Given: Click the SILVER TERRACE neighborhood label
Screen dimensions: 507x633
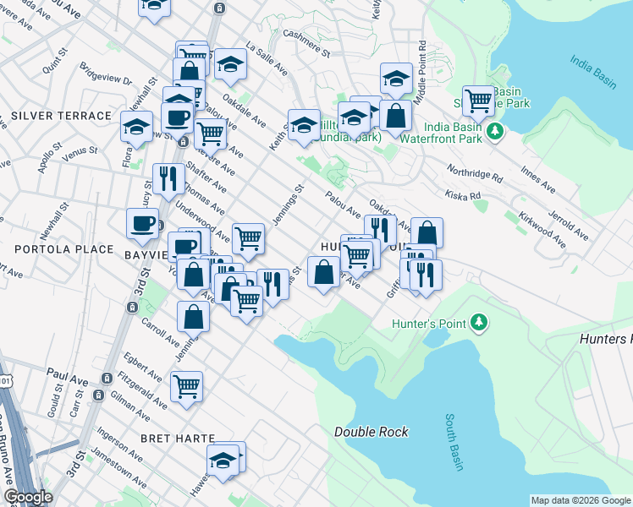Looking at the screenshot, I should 62,115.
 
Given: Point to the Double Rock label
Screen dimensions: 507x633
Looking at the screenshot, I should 372,432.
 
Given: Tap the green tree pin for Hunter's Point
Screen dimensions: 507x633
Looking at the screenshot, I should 479,323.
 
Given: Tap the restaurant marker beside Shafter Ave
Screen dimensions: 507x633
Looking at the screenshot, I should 168,177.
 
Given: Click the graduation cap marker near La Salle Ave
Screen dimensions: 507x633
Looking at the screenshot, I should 230,64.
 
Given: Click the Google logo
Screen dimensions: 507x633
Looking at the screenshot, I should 28,498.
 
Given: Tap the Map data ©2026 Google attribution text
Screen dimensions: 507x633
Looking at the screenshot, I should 581,500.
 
